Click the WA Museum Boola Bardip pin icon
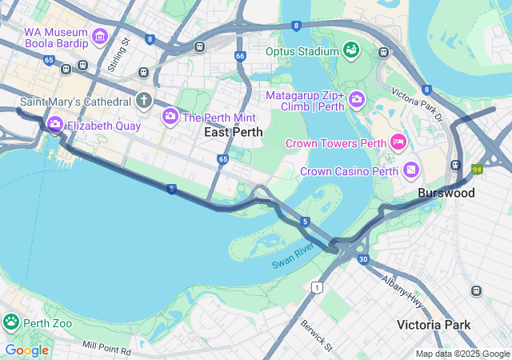(100, 36)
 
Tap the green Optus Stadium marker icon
(350, 51)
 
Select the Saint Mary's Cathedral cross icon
(144, 101)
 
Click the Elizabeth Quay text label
(104, 126)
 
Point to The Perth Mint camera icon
(170, 118)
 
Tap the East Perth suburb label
(233, 132)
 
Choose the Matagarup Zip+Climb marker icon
(357, 100)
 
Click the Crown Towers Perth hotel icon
(398, 142)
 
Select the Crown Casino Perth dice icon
(410, 170)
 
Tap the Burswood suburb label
(446, 193)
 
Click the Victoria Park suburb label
(434, 324)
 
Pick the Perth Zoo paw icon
(11, 322)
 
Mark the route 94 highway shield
(478, 169)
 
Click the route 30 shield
(363, 259)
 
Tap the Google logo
(26, 350)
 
